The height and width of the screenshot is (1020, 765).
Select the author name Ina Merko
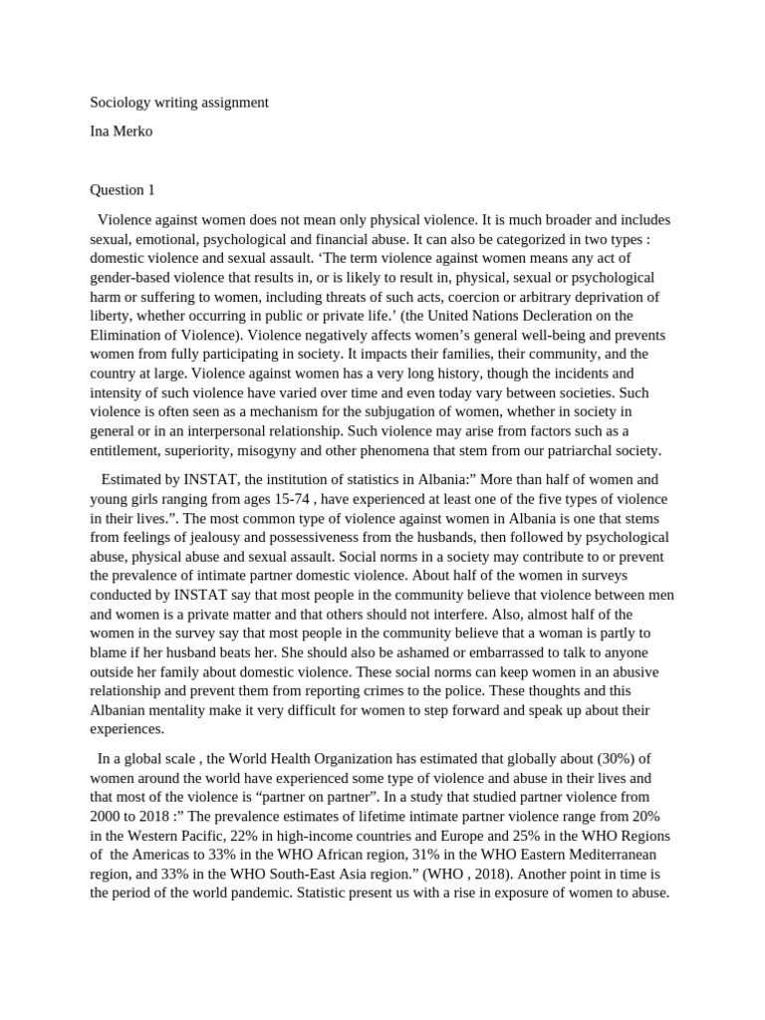(x=122, y=131)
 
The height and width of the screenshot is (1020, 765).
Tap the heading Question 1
(x=123, y=189)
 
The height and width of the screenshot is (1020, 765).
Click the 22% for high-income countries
(x=254, y=836)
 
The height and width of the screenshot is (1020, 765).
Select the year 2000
(x=107, y=817)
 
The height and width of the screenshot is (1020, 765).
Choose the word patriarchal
(x=585, y=450)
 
